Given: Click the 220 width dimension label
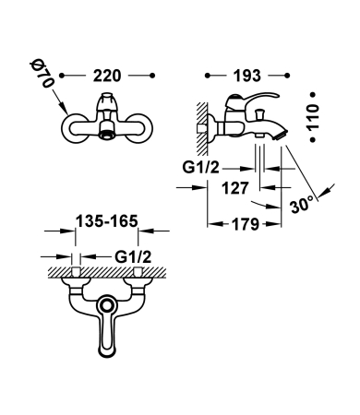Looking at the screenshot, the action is click(x=107, y=76).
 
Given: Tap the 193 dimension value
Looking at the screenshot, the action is click(x=247, y=76).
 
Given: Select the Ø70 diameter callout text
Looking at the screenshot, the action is click(x=42, y=75).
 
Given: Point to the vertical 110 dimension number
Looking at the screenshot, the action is click(x=313, y=117).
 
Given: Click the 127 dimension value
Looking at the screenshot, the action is click(x=235, y=188).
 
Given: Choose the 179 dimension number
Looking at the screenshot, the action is click(x=246, y=224).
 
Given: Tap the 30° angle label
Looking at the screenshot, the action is click(x=302, y=204).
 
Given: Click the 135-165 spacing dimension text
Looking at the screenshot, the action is click(x=107, y=221).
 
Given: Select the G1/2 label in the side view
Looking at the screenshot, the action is click(x=200, y=168).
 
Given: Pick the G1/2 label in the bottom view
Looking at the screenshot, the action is click(x=133, y=256).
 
